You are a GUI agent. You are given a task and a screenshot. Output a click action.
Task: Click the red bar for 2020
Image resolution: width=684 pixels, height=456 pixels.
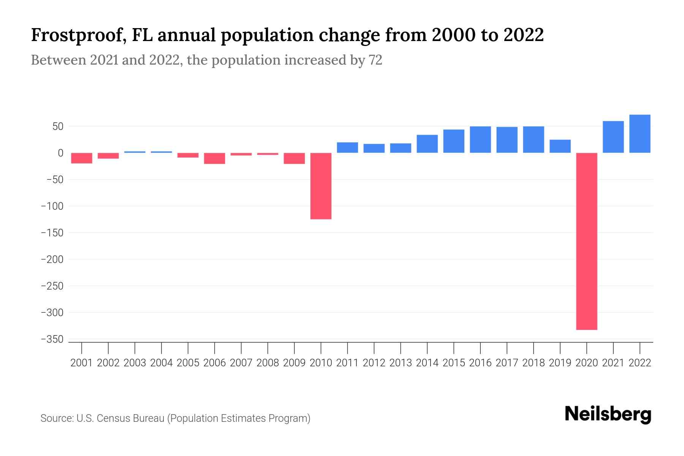[x=586, y=241]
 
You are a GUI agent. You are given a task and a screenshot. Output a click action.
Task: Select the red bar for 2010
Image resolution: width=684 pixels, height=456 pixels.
[x=321, y=186]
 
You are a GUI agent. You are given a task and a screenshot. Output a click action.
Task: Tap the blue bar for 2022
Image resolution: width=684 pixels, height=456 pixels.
[x=640, y=134]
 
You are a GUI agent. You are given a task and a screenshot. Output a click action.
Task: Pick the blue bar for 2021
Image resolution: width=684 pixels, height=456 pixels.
[x=613, y=137]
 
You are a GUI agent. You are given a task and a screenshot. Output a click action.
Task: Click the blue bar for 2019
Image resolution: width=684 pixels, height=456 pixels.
[x=560, y=146]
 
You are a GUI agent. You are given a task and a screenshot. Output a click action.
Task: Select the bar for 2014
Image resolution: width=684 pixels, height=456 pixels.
[x=427, y=144]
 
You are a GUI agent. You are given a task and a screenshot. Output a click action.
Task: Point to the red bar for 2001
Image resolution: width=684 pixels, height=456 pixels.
[x=82, y=158]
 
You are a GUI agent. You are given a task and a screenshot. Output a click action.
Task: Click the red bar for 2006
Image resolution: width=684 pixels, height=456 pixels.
[x=214, y=158]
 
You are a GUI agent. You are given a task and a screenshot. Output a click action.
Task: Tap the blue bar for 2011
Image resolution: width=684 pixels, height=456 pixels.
[x=347, y=147]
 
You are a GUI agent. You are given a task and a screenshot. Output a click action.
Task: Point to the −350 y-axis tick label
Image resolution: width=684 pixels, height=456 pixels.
[x=52, y=339]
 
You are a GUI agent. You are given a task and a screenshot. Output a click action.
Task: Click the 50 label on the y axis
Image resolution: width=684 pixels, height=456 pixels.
[x=58, y=127]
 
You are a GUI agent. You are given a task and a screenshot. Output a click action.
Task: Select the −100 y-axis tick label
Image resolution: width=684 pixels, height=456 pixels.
[x=52, y=206]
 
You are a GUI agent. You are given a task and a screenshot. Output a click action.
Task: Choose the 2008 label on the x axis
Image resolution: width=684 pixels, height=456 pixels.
[x=268, y=363]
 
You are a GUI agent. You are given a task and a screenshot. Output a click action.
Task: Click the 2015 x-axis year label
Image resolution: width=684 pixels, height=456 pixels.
[x=454, y=363]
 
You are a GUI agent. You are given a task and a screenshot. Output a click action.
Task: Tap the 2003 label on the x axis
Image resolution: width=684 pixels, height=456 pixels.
[x=135, y=363]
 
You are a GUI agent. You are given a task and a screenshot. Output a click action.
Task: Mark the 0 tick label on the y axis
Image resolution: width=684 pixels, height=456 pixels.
[x=60, y=153]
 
